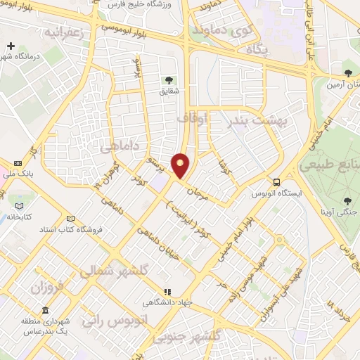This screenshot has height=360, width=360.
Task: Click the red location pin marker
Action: pyautogui.click(x=181, y=166)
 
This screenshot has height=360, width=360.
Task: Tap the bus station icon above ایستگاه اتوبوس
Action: pyautogui.click(x=278, y=180)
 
